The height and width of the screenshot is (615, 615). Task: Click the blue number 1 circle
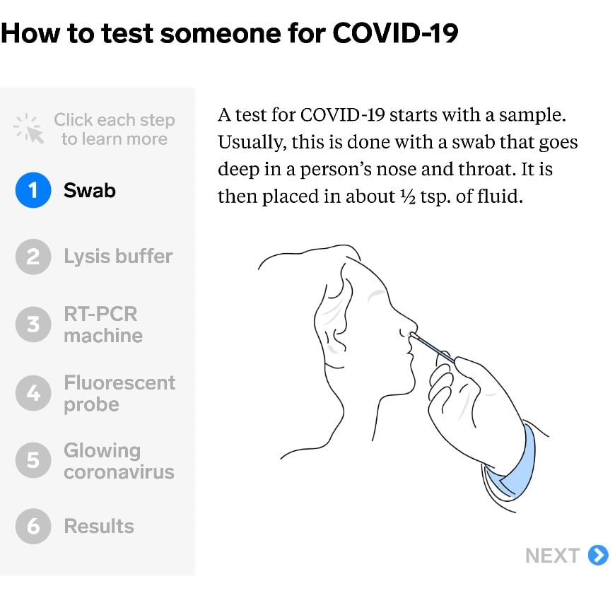pyautogui.click(x=33, y=190)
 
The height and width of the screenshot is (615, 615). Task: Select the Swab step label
pyautogui.click(x=90, y=190)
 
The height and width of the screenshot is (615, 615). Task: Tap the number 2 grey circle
pyautogui.click(x=33, y=257)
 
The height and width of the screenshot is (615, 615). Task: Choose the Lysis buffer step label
pyautogui.click(x=118, y=256)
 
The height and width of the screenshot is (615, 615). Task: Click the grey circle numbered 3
pyautogui.click(x=33, y=324)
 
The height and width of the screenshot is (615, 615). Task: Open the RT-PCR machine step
pyautogui.click(x=103, y=324)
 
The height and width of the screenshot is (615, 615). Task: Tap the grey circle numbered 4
pyautogui.click(x=33, y=393)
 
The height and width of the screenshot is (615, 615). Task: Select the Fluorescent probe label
pyautogui.click(x=119, y=393)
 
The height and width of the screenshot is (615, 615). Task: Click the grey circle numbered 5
pyautogui.click(x=33, y=461)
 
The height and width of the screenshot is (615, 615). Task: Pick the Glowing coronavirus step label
pyautogui.click(x=119, y=461)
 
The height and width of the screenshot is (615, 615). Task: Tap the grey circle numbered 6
pyautogui.click(x=33, y=527)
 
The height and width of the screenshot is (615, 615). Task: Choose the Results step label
pyautogui.click(x=99, y=527)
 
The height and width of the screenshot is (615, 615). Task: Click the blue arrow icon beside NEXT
pyautogui.click(x=598, y=556)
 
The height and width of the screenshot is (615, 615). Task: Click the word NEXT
pyautogui.click(x=553, y=556)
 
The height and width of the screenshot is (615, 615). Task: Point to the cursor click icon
pyautogui.click(x=30, y=129)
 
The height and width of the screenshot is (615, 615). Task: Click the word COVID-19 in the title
pyautogui.click(x=394, y=34)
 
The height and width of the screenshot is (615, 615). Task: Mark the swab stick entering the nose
pyautogui.click(x=431, y=348)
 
